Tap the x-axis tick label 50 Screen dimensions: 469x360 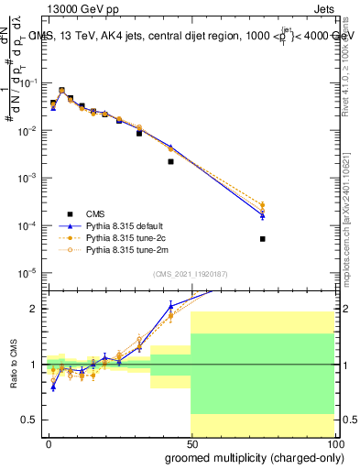pos(191,442)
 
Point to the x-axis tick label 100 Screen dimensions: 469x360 pos(333,442)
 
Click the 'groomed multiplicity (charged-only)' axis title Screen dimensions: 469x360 pos(249,456)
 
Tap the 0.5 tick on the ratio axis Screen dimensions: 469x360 pos(34,420)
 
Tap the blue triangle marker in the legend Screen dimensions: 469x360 pos(70,226)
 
